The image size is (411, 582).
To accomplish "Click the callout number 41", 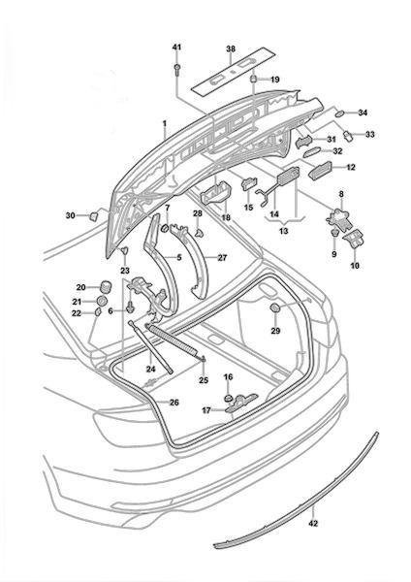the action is pos(177,48).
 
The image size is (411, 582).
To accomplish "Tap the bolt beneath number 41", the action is pos(177,69).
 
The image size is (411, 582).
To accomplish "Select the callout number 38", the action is pos(231,49).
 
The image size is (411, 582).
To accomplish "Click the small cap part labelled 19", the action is pos(254,80).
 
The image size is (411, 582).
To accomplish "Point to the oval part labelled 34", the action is pos(340,113).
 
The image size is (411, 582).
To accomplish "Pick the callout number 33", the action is pos(370,134).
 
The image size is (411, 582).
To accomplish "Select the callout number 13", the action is pos(283,231).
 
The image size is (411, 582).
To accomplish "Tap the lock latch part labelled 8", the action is pos(338,216).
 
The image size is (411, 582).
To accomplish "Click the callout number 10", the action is pos(355,266).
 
